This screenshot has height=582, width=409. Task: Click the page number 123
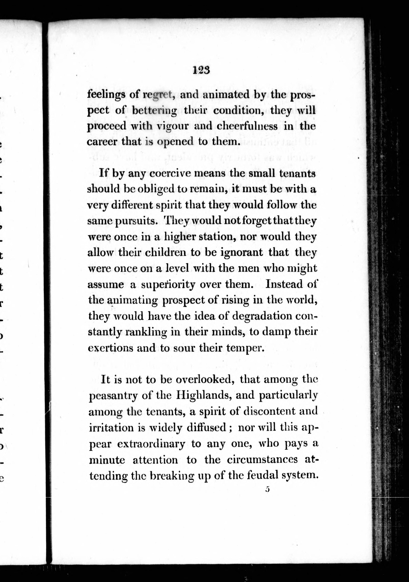click(x=201, y=70)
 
